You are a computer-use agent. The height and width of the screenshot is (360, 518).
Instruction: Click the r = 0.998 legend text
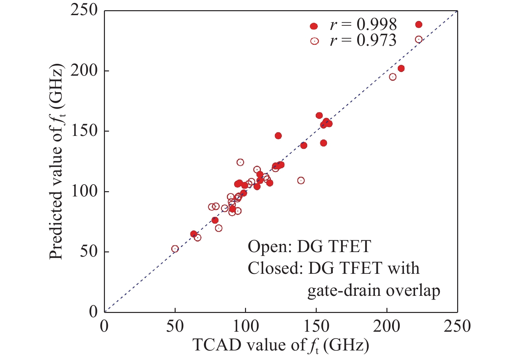[363, 25]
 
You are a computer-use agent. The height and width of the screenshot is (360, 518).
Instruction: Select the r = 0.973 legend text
[363, 40]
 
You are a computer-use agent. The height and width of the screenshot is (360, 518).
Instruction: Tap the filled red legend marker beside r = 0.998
[314, 26]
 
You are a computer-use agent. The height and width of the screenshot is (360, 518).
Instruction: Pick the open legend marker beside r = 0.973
[314, 41]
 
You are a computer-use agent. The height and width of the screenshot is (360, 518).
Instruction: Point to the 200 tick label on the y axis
[84, 70]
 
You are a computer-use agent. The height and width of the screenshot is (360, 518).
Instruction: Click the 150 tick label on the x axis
[316, 326]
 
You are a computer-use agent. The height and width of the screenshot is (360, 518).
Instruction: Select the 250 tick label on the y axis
[84, 10]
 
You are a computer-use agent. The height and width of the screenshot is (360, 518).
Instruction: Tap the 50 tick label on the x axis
[175, 326]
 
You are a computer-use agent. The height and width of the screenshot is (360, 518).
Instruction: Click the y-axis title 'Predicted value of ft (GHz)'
[57, 161]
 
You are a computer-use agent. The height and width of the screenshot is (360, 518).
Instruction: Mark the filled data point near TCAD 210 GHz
[401, 68]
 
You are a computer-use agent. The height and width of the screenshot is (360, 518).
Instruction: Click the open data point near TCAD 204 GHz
[392, 77]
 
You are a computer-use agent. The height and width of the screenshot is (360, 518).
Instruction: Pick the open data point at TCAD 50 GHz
[175, 249]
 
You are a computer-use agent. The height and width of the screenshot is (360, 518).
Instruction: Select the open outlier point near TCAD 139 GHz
[301, 180]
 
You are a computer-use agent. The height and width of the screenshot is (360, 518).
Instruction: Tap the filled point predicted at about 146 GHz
[278, 136]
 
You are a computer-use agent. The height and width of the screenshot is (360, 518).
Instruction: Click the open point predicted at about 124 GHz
[240, 162]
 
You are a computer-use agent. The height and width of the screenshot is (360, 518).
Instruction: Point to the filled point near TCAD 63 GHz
[194, 234]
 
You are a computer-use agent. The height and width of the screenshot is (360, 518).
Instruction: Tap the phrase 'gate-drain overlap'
[374, 291]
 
